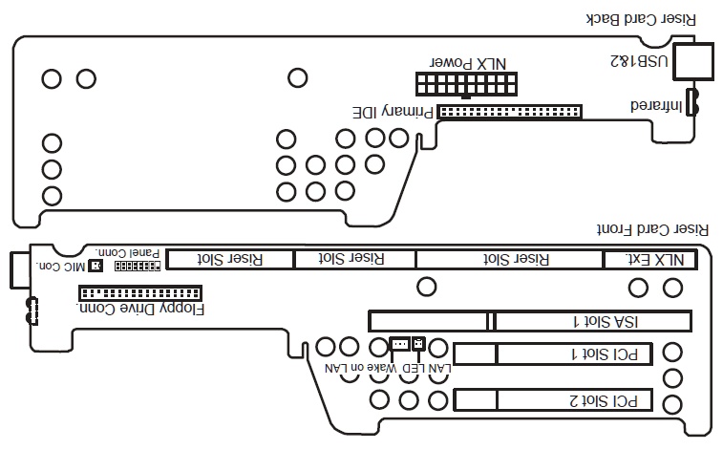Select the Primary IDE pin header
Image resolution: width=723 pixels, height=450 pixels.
[x=510, y=112]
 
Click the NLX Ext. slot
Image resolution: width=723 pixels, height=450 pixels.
[x=650, y=259]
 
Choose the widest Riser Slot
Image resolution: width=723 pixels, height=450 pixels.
[x=510, y=259]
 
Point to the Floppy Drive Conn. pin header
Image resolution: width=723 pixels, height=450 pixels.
[x=140, y=292]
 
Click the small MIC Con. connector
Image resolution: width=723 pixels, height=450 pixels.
[x=94, y=264]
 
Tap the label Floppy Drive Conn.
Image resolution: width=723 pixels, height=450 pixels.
[x=142, y=310]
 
